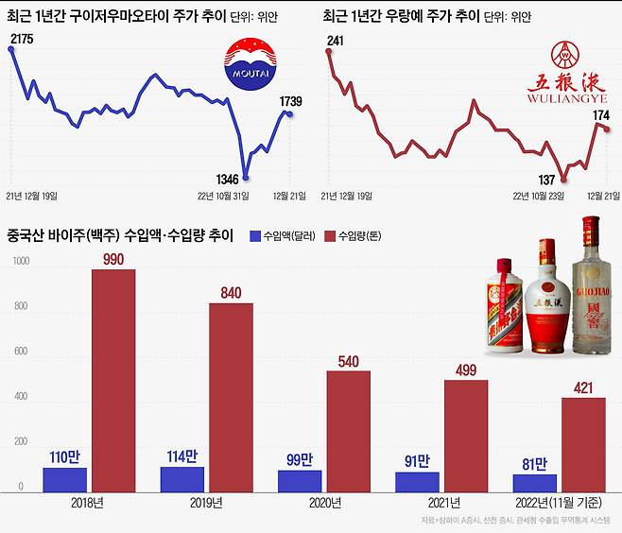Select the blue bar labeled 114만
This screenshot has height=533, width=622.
tap(181, 479)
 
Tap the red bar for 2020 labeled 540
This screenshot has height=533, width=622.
tap(348, 431)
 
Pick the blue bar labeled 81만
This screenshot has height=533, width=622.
tap(534, 483)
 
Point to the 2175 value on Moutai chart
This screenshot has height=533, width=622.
tap(21, 38)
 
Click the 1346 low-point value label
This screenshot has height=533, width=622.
tap(221, 177)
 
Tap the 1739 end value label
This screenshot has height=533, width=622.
tap(292, 100)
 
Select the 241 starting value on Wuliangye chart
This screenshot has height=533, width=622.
tap(336, 40)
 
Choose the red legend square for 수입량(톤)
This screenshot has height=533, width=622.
tap(331, 235)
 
